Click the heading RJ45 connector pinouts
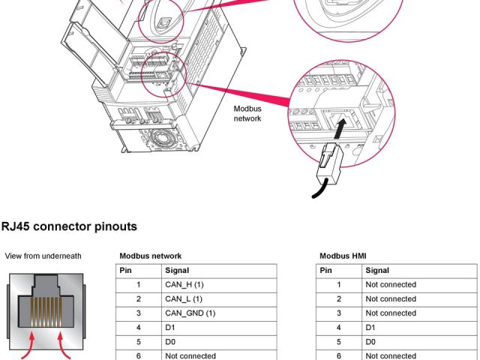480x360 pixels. click(69, 226)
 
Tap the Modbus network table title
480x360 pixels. click(150, 256)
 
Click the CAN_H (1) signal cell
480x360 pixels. click(184, 285)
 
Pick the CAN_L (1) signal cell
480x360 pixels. click(184, 299)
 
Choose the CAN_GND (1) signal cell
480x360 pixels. click(190, 313)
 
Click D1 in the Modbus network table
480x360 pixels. click(170, 328)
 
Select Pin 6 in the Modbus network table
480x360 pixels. click(138, 355)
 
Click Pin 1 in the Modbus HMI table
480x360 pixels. click(338, 285)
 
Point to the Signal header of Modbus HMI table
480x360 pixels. click(377, 271)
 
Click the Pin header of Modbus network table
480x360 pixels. click(127, 271)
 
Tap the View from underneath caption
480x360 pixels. click(43, 256)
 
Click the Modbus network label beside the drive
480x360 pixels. click(247, 113)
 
